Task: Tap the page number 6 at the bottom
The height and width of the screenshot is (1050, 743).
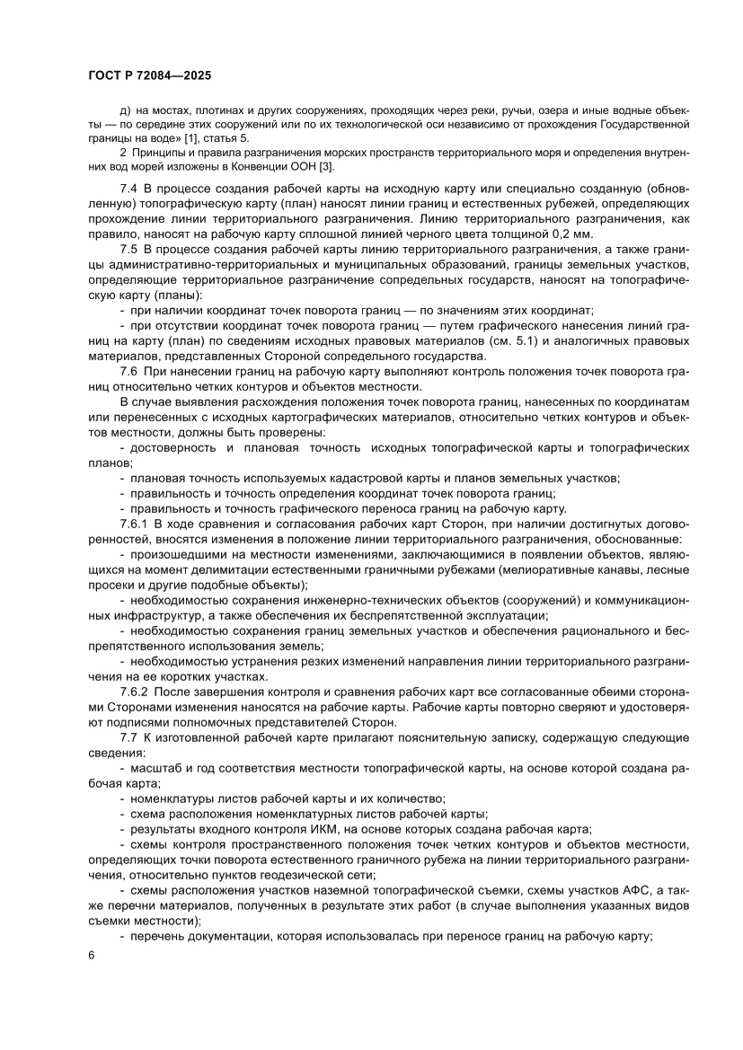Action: click(92, 978)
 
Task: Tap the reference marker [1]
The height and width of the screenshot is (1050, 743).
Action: click(191, 139)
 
